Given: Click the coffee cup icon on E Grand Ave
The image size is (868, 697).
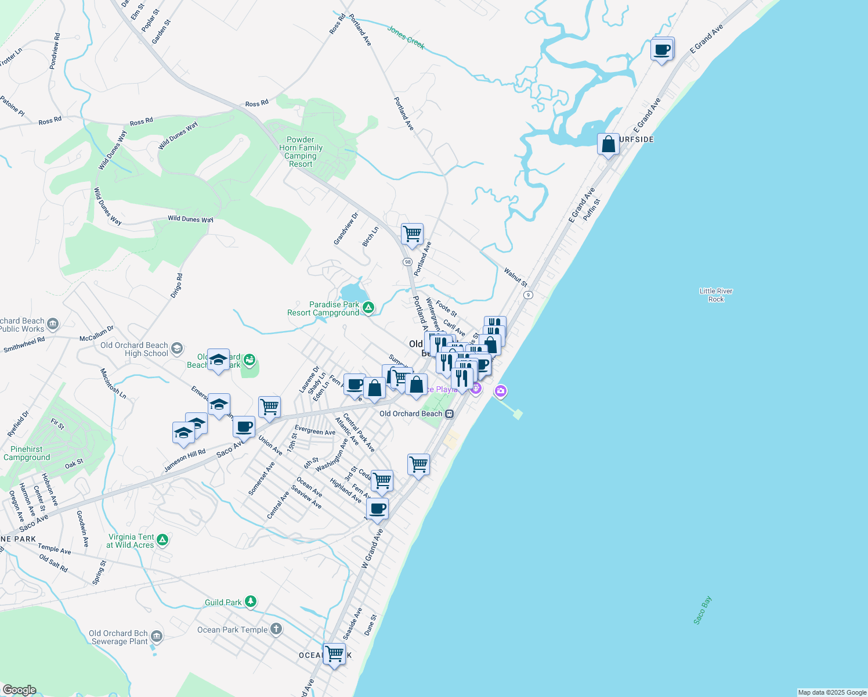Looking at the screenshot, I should pyautogui.click(x=662, y=50).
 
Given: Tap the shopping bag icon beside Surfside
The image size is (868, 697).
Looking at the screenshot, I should pyautogui.click(x=608, y=145).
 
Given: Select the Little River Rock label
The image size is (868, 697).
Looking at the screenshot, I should pyautogui.click(x=716, y=295).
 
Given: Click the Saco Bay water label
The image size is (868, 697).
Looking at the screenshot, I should pyautogui.click(x=703, y=610).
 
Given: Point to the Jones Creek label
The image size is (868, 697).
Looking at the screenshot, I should pyautogui.click(x=406, y=37).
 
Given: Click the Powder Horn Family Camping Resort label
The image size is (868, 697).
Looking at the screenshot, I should pyautogui.click(x=301, y=152).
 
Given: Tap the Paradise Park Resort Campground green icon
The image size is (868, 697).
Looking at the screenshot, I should pyautogui.click(x=368, y=308).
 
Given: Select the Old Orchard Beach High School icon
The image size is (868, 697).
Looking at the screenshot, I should pyautogui.click(x=177, y=348).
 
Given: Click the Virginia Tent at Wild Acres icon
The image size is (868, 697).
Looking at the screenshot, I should pyautogui.click(x=162, y=541).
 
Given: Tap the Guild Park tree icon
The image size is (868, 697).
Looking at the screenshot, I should pyautogui.click(x=250, y=602).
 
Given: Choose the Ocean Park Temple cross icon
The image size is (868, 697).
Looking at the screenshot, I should pyautogui.click(x=276, y=629).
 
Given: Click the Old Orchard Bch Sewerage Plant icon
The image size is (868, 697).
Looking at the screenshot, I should pyautogui.click(x=157, y=637).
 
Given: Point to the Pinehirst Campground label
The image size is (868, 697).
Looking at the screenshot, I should pyautogui.click(x=27, y=453).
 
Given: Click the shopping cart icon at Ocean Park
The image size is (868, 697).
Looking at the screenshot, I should pyautogui.click(x=334, y=654).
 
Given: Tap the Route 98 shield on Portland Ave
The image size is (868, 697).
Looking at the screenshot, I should pyautogui.click(x=407, y=262).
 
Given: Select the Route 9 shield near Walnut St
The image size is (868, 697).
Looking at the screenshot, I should pyautogui.click(x=527, y=295).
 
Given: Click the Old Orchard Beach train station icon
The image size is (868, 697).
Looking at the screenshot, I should pyautogui.click(x=449, y=414).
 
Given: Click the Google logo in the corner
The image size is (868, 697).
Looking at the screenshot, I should pyautogui.click(x=19, y=690).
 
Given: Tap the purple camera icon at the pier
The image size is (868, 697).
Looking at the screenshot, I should pyautogui.click(x=500, y=391).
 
